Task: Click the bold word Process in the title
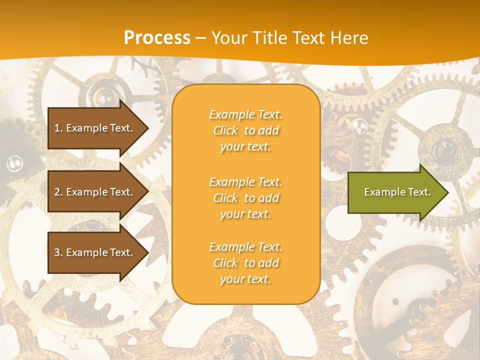157,38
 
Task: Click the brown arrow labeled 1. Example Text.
95,128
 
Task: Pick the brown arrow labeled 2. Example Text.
95,192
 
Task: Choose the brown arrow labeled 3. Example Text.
95,252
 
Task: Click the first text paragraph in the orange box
246,130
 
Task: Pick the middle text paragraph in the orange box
246,198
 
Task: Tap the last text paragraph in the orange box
246,263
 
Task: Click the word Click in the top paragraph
225,130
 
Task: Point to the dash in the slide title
201,38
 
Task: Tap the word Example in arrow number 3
86,252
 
